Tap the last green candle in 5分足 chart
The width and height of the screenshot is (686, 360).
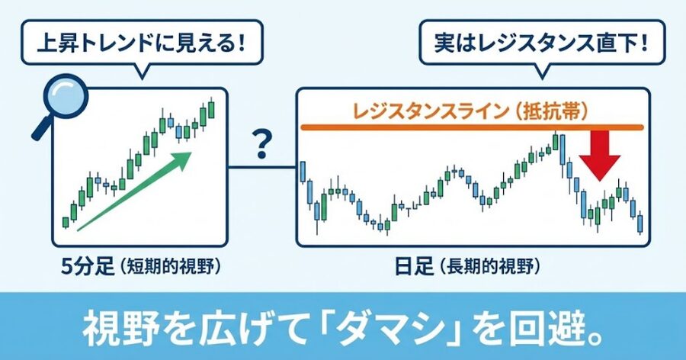pos(211,109)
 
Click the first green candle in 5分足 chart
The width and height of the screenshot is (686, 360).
pos(66,222)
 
